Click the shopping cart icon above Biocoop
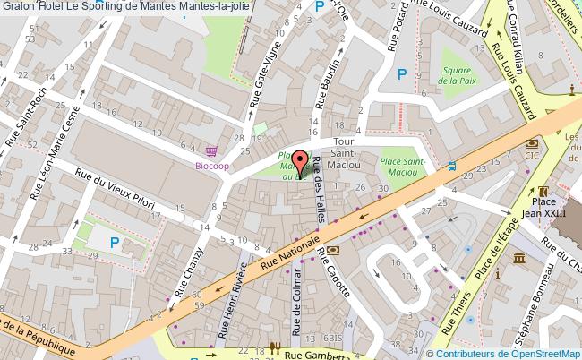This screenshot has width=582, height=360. click(x=212, y=151)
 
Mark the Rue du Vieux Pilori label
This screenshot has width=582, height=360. click(x=116, y=192)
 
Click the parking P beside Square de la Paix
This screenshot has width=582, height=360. click(x=402, y=76)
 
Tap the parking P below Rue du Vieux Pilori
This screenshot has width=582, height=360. click(x=115, y=243)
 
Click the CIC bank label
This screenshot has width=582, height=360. click(x=532, y=156)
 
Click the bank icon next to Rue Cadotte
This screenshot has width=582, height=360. click(x=332, y=252)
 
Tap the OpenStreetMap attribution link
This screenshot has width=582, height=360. click(x=535, y=353)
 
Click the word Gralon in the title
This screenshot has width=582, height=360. click(x=19, y=7)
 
